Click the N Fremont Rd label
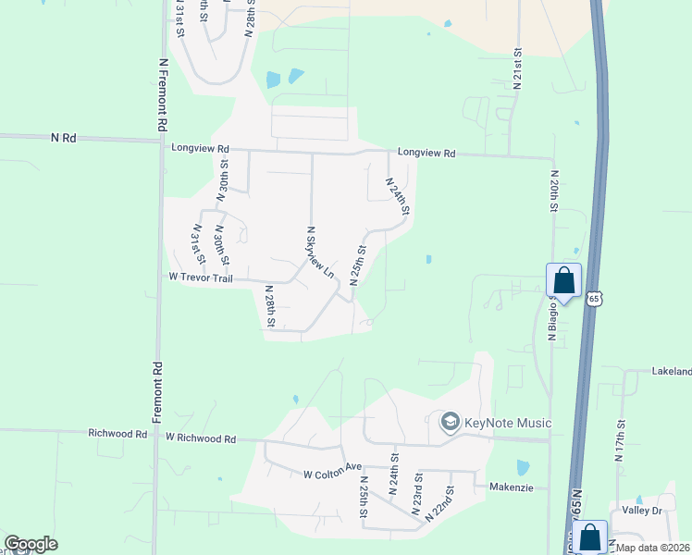163,93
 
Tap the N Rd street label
63,137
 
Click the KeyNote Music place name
509,424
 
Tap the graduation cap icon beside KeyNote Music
451,423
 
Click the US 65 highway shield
596,298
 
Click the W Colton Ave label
331,475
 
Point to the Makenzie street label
512,487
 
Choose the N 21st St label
518,69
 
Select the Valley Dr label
642,511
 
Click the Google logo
31,544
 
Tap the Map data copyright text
652,548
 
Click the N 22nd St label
440,505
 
